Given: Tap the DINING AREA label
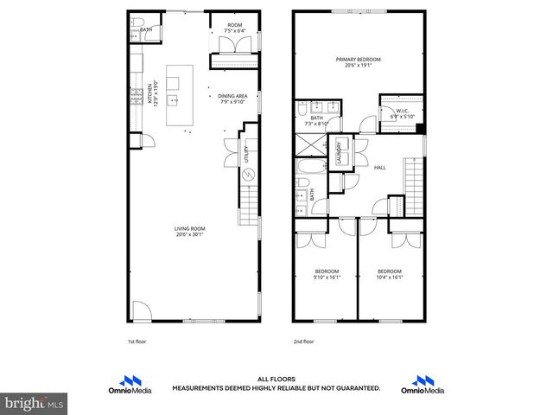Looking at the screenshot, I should coord(232,99).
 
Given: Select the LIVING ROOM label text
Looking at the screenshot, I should coord(191,231).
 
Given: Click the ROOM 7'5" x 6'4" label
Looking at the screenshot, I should coord(234,28).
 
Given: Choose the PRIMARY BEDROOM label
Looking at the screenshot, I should coord(358,61).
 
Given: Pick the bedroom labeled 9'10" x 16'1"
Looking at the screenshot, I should coord(327,274).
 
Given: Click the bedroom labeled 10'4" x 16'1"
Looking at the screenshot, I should coord(391,274).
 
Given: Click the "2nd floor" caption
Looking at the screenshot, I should coord(302,342).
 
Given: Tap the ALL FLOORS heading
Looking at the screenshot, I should coord(276,379).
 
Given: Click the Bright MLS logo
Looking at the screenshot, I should coord(35,403).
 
